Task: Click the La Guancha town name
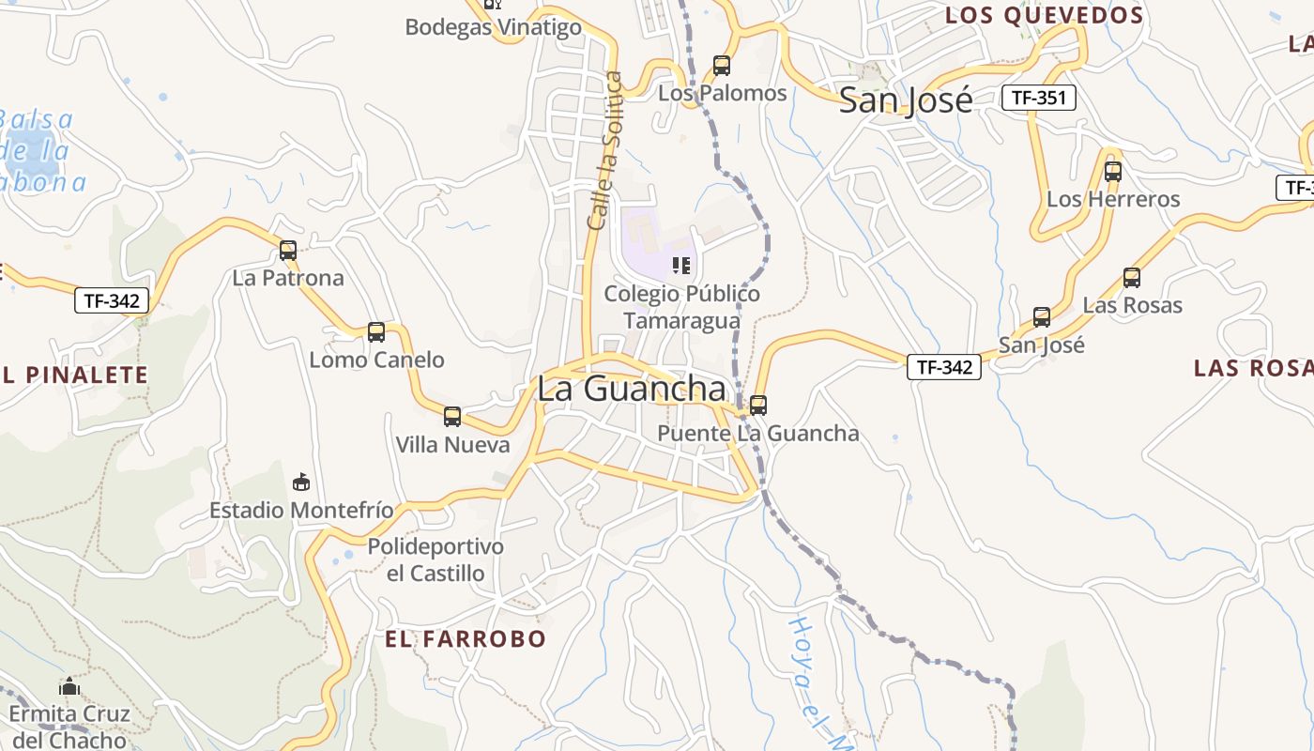(x=631, y=390)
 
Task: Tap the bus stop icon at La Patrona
(x=288, y=251)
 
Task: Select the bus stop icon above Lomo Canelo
(x=376, y=331)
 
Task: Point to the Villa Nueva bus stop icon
(x=452, y=417)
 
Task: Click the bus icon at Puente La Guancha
(x=758, y=406)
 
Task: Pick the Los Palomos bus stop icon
(x=722, y=66)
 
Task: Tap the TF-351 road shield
(x=1038, y=97)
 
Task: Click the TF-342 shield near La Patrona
(x=112, y=301)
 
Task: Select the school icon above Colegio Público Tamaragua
(x=681, y=266)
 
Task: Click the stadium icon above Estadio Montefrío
(x=301, y=483)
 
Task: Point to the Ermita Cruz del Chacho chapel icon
(x=69, y=686)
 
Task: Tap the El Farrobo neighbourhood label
(x=466, y=639)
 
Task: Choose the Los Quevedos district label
(x=1045, y=16)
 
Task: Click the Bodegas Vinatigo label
(x=494, y=27)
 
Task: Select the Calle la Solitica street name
(x=605, y=150)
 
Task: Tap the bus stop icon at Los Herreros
(x=1113, y=172)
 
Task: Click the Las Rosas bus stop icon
(x=1132, y=278)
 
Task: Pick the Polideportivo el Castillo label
(x=435, y=559)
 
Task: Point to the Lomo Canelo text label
(x=376, y=360)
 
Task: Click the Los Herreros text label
(x=1113, y=199)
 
